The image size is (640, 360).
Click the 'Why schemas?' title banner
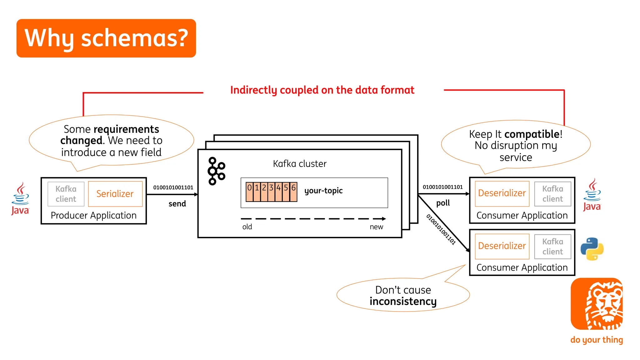tap(106, 38)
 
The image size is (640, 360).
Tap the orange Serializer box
tap(115, 194)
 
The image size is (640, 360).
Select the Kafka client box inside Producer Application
tap(66, 194)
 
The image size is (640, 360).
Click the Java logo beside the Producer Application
tap(20, 198)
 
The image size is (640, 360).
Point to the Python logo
tap(592, 249)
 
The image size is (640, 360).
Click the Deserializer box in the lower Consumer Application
tap(502, 246)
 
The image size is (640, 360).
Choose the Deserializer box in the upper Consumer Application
tap(502, 193)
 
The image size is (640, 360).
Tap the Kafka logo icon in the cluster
tap(216, 171)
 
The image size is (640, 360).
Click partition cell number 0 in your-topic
tap(249, 192)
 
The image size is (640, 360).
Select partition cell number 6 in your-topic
tap(293, 192)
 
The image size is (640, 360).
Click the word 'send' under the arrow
tap(177, 204)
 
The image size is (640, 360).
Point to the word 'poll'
tap(443, 203)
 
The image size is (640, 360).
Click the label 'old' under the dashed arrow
tap(247, 227)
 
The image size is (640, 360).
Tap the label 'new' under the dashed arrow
tap(376, 227)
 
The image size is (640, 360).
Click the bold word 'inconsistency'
tap(403, 301)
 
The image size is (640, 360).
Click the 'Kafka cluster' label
tap(299, 164)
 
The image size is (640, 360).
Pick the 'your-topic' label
tap(323, 191)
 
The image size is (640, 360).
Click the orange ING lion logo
tap(597, 304)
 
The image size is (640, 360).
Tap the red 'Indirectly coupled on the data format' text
tap(322, 90)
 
